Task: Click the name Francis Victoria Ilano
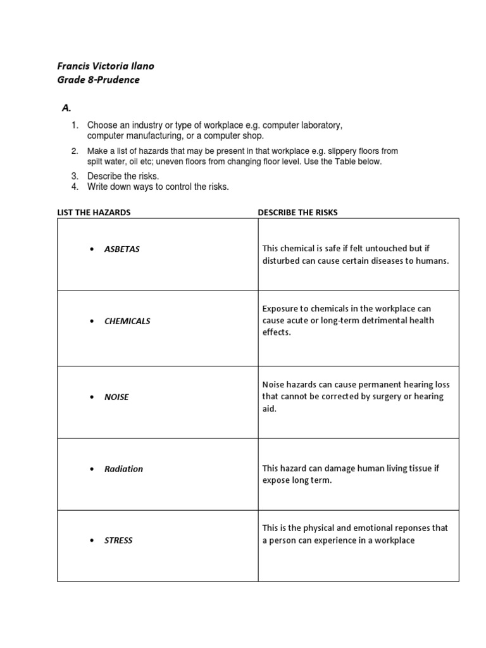[x=106, y=66]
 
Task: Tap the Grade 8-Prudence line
[x=98, y=80]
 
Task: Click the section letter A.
[x=66, y=108]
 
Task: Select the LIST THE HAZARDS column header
[x=94, y=213]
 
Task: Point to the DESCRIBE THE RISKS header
[x=297, y=213]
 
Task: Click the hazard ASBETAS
[x=122, y=249]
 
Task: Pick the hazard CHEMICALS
[x=127, y=321]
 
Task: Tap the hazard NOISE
[x=116, y=397]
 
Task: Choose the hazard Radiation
[x=123, y=469]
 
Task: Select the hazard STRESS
[x=118, y=541]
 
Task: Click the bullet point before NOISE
[x=92, y=397]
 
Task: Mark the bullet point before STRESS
[x=92, y=541]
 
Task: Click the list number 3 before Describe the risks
[x=75, y=176]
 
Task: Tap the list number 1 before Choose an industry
[x=75, y=125]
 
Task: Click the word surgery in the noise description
[x=379, y=397]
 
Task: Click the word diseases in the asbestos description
[x=370, y=261]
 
